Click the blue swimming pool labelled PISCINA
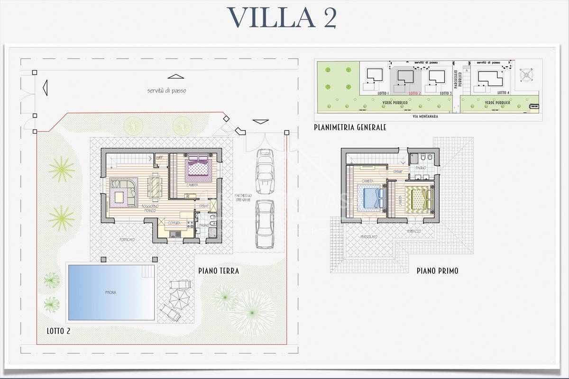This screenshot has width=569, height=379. point(111,292)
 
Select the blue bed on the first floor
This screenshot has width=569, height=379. point(371,198)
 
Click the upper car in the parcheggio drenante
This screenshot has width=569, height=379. point(264,171)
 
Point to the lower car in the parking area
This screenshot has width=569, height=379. point(264,224)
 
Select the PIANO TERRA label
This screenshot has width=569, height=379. point(219,271)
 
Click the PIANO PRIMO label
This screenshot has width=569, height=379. point(437,271)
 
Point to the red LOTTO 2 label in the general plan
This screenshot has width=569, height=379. point(414,93)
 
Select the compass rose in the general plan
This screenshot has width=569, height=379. point(527,74)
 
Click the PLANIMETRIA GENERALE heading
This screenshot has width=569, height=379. point(350,127)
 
